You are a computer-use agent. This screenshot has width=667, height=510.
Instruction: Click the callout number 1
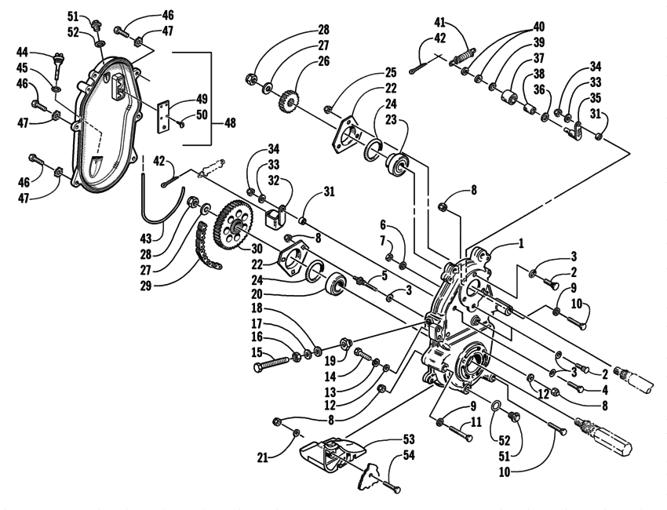tap(520, 244)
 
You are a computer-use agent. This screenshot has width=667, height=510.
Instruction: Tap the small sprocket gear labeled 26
tap(291, 101)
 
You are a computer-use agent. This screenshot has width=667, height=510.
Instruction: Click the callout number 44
tap(24, 52)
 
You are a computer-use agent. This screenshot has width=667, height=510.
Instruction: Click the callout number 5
tap(385, 275)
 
